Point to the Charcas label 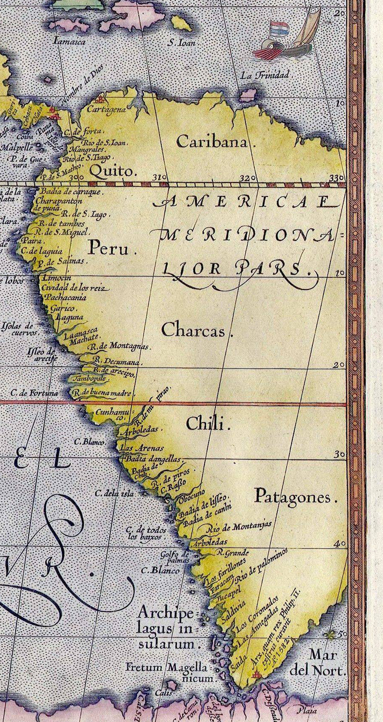pyautogui.click(x=193, y=330)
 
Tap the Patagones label pyautogui.click(x=292, y=497)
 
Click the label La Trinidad pyautogui.click(x=265, y=76)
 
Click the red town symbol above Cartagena pyautogui.click(x=101, y=101)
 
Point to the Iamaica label pyautogui.click(x=70, y=41)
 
